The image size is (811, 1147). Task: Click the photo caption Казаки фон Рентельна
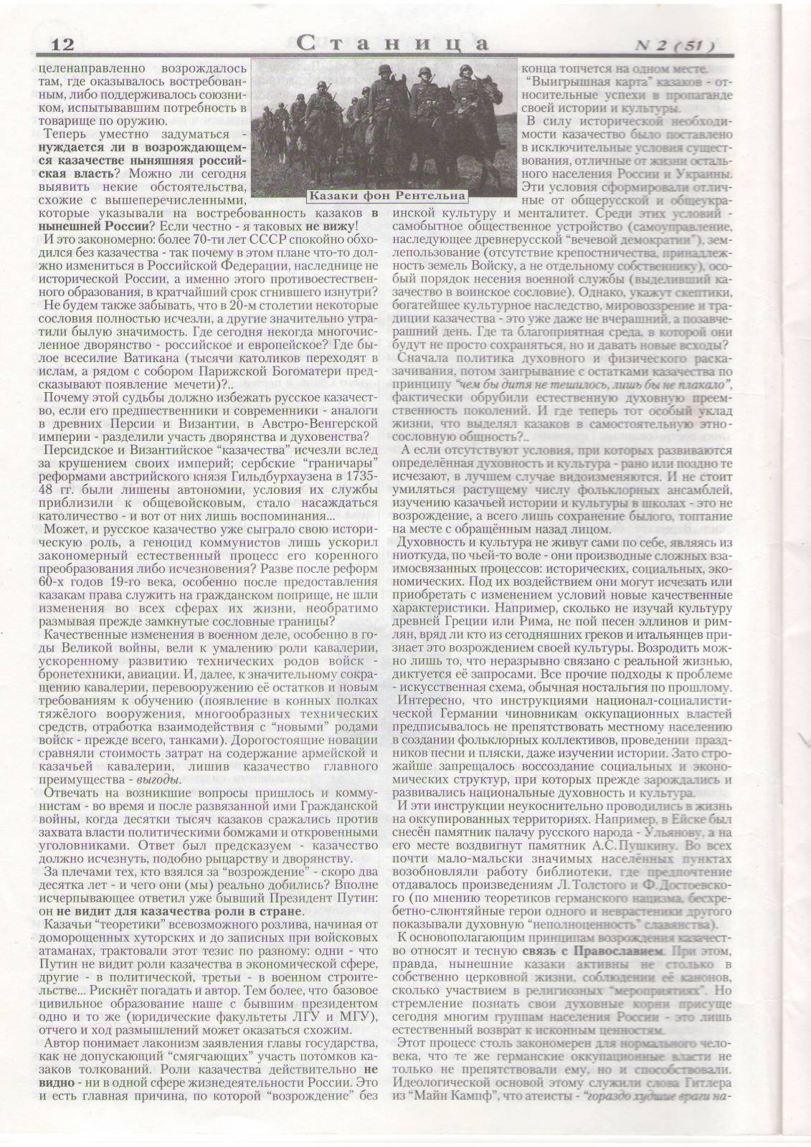pos(386,195)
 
